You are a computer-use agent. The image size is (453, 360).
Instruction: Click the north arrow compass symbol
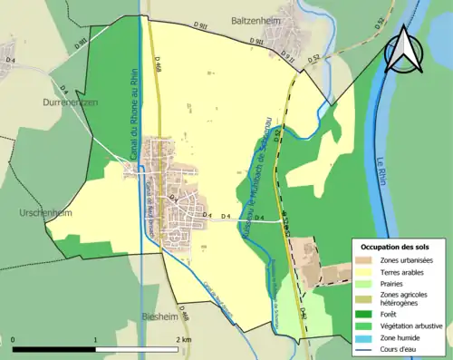tap(404, 50)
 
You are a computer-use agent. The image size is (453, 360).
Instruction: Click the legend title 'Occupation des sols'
tap(394, 247)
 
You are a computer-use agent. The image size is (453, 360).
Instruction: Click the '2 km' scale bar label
tap(183, 339)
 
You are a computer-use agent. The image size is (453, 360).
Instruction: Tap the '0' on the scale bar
tap(13, 339)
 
